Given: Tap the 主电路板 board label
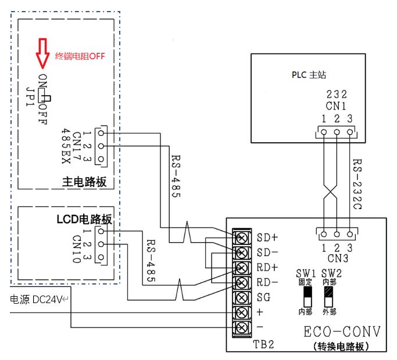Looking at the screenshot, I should (x=84, y=182).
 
